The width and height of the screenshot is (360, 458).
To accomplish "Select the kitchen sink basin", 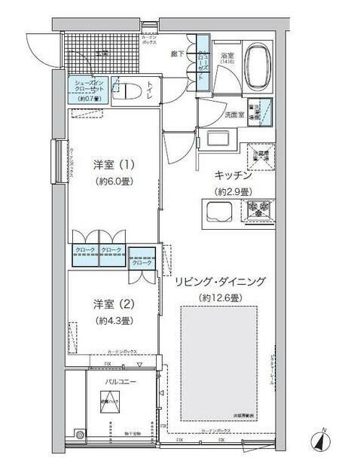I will tap(218, 212).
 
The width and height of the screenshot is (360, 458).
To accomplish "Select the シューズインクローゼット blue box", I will tap(90, 90).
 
